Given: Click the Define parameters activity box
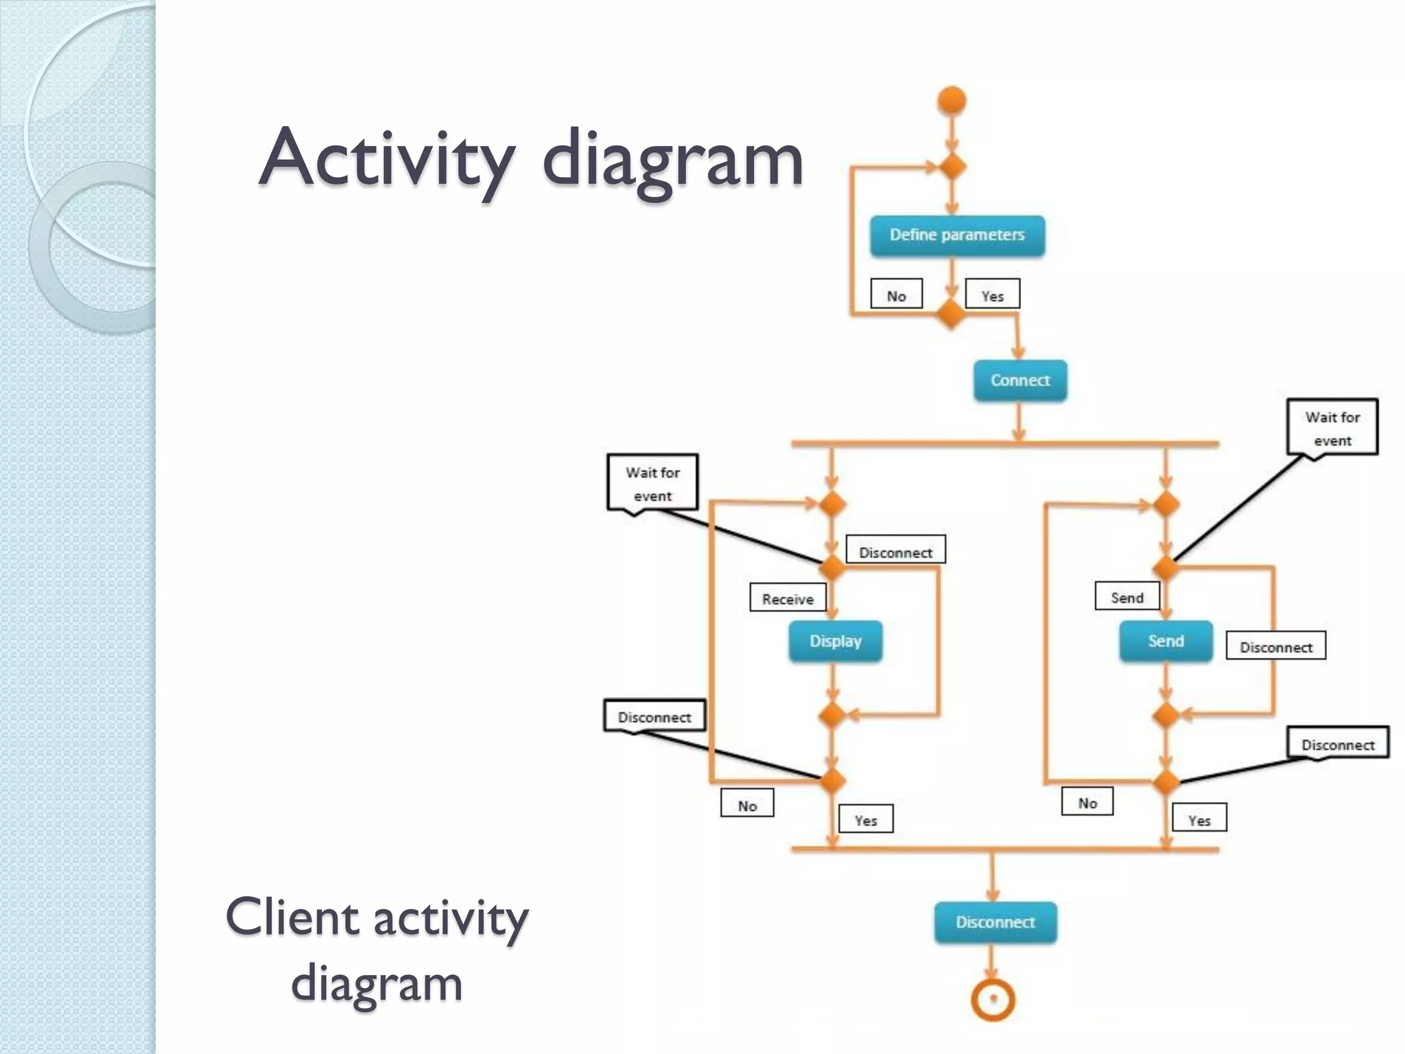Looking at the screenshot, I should tap(957, 236).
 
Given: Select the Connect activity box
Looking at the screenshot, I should tap(1020, 380).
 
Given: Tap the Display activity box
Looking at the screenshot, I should tap(835, 641).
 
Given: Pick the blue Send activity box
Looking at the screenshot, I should tap(1166, 641).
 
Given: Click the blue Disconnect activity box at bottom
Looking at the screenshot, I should tap(995, 922).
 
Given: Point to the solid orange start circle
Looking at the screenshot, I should tap(952, 101).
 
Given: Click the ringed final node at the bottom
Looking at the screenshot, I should tap(993, 999).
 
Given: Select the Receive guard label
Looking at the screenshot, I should tap(788, 598).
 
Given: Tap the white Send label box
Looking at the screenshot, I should tap(1127, 597).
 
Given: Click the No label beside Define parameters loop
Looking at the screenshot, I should tap(896, 295).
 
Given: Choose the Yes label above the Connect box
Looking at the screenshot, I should tap(992, 295).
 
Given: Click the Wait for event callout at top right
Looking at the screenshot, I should tap(1332, 428).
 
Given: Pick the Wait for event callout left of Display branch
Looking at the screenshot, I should tap(652, 483).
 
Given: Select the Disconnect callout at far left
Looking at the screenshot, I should tap(654, 716).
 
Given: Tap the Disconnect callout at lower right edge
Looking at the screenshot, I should tap(1338, 744).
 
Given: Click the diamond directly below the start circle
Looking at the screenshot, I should tap(952, 166).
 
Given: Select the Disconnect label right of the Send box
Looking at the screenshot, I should tap(1275, 646).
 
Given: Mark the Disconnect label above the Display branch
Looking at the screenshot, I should tap(895, 551).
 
